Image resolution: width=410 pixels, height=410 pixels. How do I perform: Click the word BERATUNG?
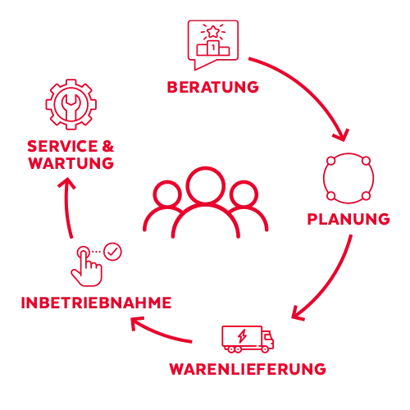pos(212,87)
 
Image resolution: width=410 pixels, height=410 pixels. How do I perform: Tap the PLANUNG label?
pos(348,219)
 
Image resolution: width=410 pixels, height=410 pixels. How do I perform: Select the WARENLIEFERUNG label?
pos(248,369)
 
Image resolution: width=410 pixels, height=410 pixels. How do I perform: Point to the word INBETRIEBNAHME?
pos(96,303)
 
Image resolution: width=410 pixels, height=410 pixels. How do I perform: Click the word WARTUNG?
pos(71,163)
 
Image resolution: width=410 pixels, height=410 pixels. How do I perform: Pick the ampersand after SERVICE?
pos(108,146)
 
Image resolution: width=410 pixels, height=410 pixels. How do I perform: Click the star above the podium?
pos(213,32)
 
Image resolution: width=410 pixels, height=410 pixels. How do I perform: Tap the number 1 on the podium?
pos(213,48)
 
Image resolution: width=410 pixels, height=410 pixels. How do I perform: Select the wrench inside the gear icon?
pos(71,107)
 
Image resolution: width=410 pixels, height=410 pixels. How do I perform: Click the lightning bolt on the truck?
pos(242,336)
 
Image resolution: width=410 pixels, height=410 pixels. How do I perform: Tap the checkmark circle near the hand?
pos(112,252)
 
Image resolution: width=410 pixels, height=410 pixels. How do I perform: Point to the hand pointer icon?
pos(87,266)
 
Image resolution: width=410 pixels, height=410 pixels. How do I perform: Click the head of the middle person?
pos(206,185)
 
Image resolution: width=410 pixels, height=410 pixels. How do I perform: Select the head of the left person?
pos(167,194)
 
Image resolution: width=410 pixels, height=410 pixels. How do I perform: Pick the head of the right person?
pos(244,194)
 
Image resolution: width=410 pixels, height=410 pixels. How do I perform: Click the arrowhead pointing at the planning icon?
pos(342,135)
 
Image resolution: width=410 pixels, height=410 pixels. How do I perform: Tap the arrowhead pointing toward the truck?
pos(297,313)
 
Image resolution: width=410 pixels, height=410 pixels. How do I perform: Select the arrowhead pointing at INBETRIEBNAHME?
pos(136,322)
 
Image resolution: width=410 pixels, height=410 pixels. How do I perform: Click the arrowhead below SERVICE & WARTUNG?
pos(66,183)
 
